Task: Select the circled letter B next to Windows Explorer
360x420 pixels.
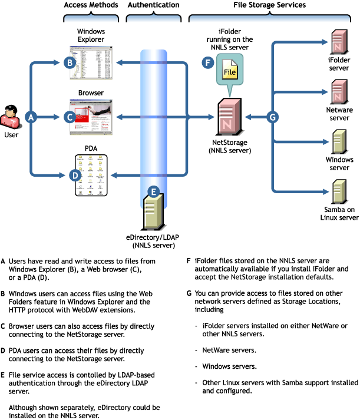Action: click(x=69, y=62)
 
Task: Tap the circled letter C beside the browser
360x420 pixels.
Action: click(x=69, y=117)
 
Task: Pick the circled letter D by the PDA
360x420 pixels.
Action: click(x=75, y=175)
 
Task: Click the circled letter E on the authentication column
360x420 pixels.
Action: click(x=153, y=191)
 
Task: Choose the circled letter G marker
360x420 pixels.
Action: click(x=272, y=118)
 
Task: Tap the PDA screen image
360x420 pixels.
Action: click(x=91, y=175)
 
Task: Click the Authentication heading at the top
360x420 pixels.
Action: click(x=153, y=5)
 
